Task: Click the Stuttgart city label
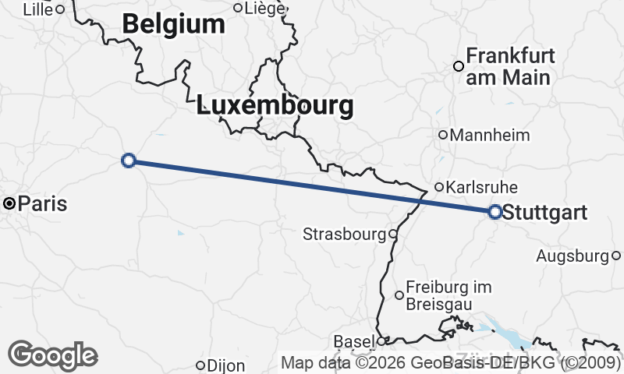(x=544, y=211)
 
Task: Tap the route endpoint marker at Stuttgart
(x=495, y=211)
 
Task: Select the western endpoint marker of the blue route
(x=129, y=161)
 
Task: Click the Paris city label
(x=42, y=204)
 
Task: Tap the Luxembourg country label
(x=275, y=105)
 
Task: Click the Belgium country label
(x=173, y=25)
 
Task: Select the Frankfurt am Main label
(x=510, y=67)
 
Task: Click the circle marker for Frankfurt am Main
(x=459, y=66)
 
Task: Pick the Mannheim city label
(x=490, y=135)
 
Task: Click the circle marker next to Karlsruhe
(x=439, y=187)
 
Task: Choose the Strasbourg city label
(x=344, y=234)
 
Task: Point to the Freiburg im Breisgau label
(x=444, y=295)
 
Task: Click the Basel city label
(x=353, y=342)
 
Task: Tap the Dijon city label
(x=226, y=365)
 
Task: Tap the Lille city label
(x=38, y=9)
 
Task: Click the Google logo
(x=52, y=355)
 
